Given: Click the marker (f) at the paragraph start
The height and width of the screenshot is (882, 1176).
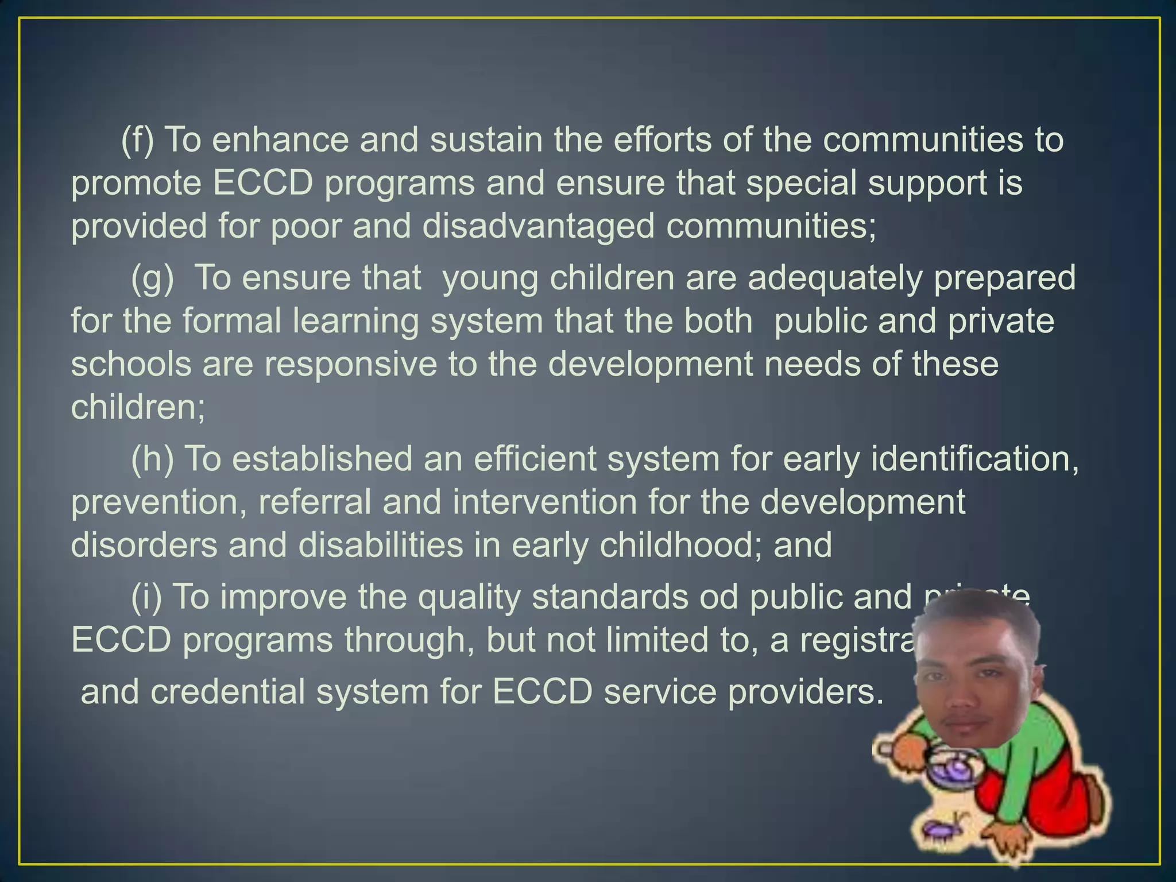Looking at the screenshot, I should (138, 140).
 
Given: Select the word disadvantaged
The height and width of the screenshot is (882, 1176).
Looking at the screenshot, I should (538, 226).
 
